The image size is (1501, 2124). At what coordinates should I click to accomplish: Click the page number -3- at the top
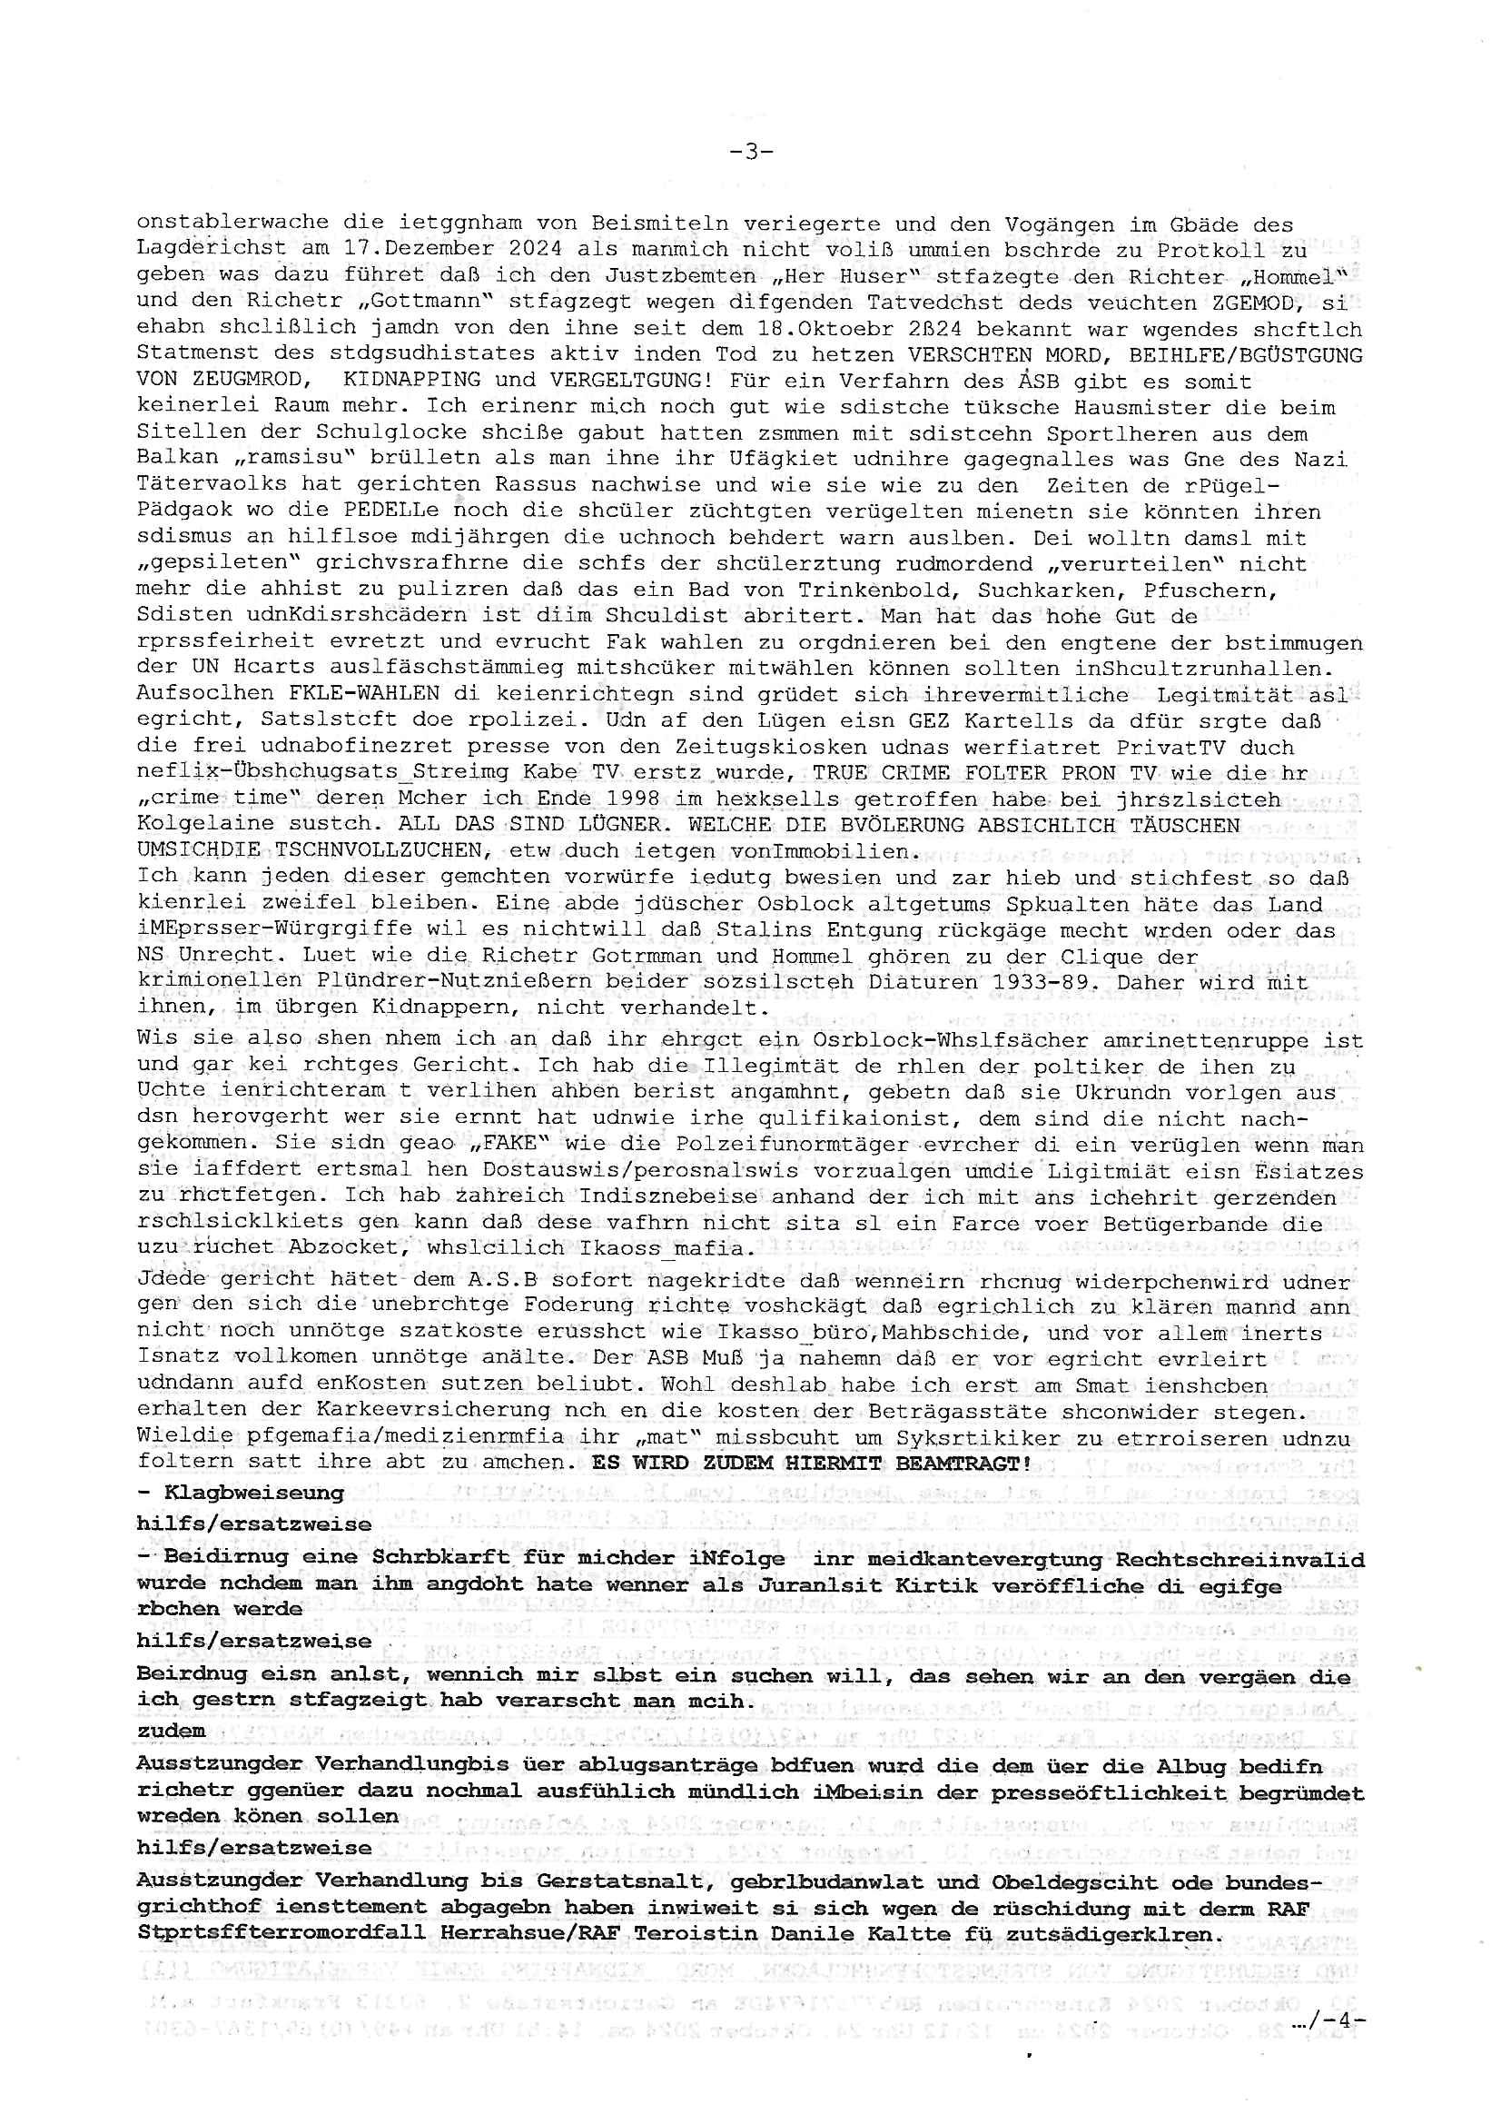tap(750, 151)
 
